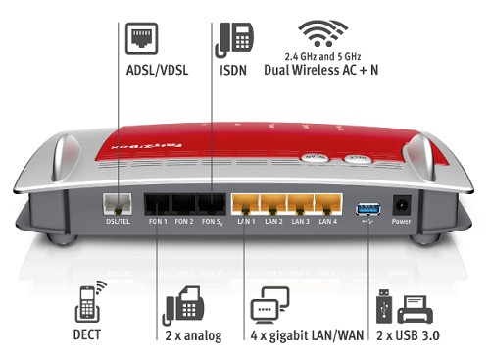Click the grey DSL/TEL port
pyautogui.click(x=116, y=207)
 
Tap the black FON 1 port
pyautogui.click(x=158, y=207)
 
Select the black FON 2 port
pyautogui.click(x=184, y=207)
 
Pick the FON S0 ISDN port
pyautogui.click(x=211, y=207)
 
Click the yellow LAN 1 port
pyautogui.click(x=244, y=207)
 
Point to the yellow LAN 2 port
pyautogui.click(x=272, y=207)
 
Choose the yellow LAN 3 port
pyautogui.click(x=301, y=207)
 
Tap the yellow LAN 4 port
pyautogui.click(x=328, y=207)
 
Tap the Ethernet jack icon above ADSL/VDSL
pyautogui.click(x=136, y=38)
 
